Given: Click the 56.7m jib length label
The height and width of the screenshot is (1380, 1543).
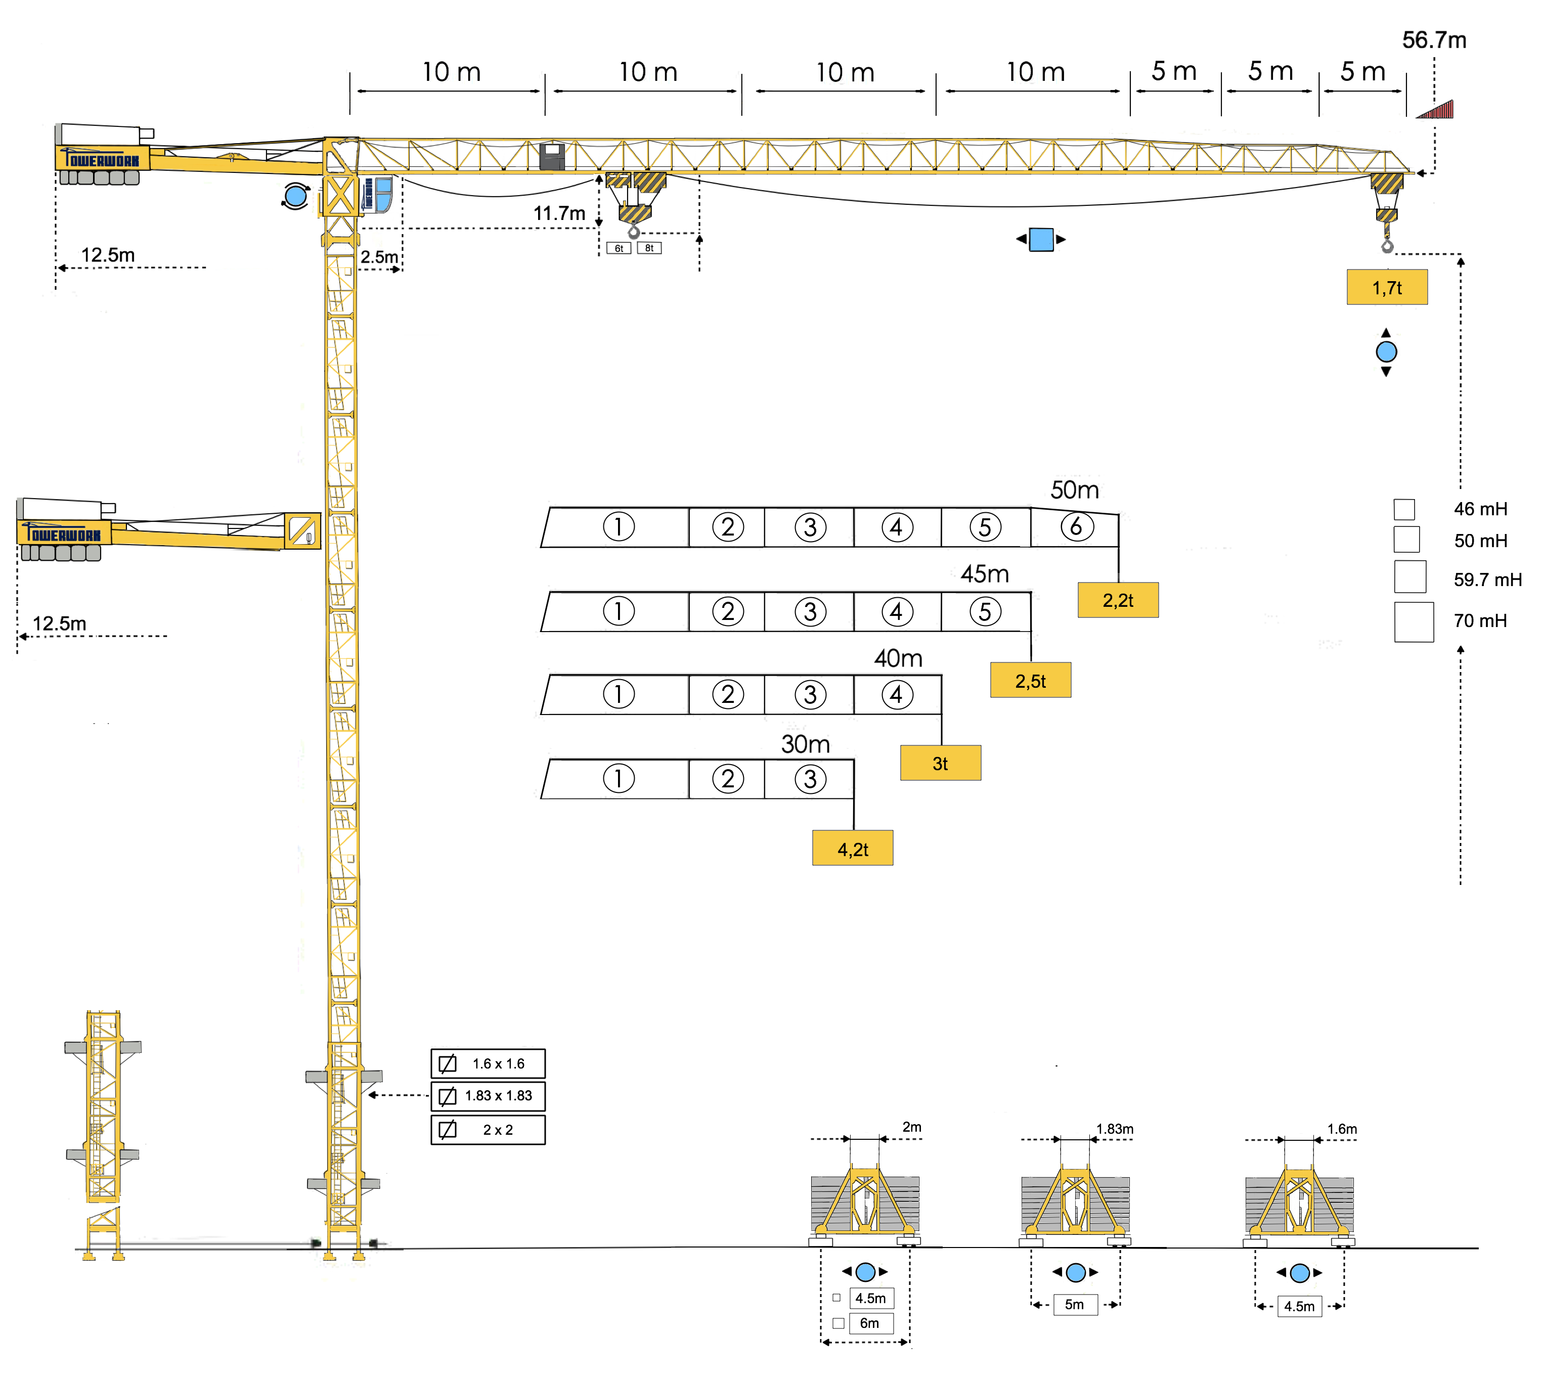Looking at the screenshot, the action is tap(1433, 40).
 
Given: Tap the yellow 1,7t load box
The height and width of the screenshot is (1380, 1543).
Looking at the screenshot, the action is tap(1386, 287).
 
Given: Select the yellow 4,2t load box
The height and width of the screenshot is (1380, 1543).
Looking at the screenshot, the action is tap(852, 848).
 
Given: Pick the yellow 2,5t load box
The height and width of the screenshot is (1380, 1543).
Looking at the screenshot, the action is tap(1030, 680).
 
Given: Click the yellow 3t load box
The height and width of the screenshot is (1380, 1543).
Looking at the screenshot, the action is tap(940, 763).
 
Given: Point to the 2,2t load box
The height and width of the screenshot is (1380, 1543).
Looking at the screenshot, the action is tap(1118, 600).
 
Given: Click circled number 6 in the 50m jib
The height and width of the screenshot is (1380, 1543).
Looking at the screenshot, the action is tap(1076, 526).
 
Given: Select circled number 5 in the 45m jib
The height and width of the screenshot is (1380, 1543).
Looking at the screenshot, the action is tap(985, 611).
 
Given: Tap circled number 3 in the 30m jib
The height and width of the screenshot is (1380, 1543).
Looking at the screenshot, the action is tap(810, 779).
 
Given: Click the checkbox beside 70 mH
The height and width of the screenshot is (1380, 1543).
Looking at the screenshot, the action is tap(1414, 622).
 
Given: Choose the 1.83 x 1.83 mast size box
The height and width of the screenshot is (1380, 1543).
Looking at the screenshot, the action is tap(488, 1096).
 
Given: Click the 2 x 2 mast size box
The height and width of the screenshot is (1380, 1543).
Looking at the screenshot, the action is tap(488, 1130).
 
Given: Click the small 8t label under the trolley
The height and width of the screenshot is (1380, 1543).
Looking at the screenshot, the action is tap(649, 248).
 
